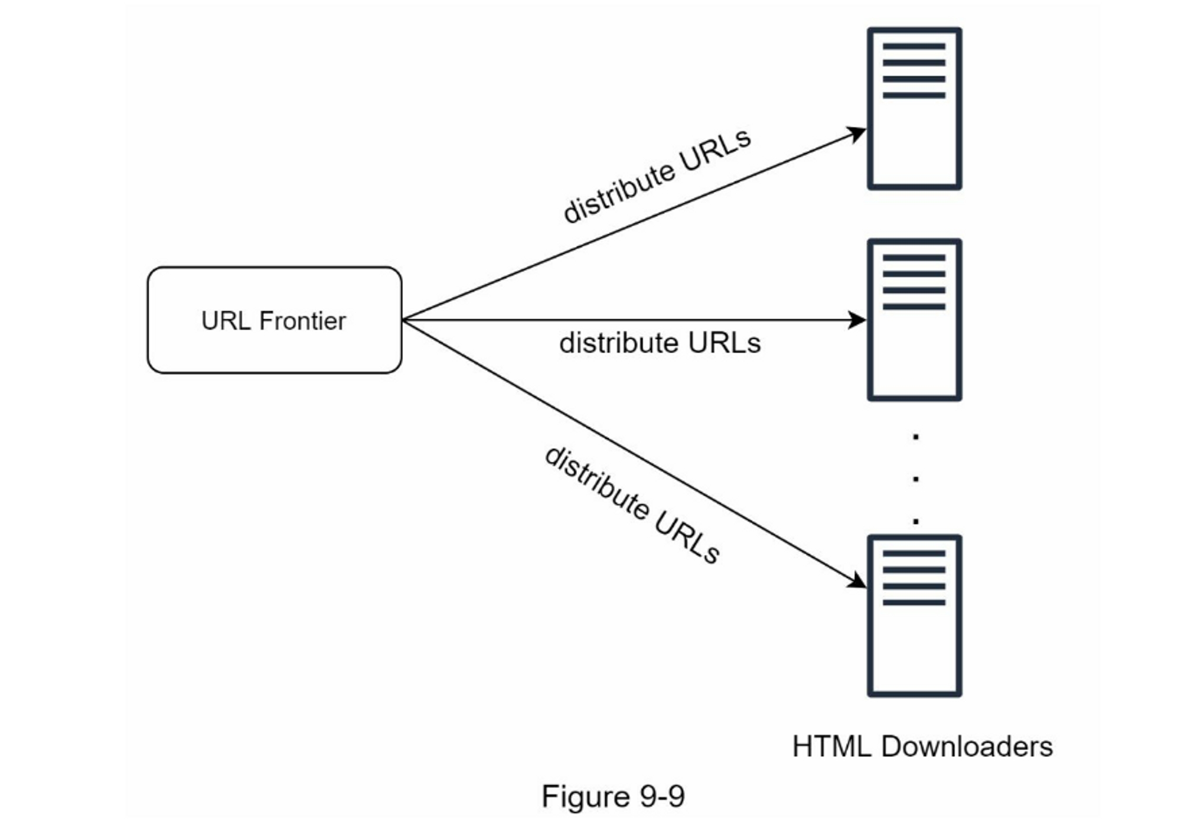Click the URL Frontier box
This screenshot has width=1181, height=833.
coord(274,320)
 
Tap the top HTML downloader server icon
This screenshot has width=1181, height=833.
coord(914,109)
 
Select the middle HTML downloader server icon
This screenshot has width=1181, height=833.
coord(914,320)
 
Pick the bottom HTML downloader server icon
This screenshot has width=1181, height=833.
coord(914,616)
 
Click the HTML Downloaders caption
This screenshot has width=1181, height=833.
coord(922,747)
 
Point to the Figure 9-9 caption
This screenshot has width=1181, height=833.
coord(613,796)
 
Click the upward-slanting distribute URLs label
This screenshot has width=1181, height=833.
coord(657,176)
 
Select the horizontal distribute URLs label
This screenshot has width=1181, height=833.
coord(660,343)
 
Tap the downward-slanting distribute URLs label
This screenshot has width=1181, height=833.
coord(632,505)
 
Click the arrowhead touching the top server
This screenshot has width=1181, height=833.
coord(857,134)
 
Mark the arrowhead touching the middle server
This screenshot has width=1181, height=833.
coord(857,320)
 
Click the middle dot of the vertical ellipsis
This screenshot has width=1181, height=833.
coord(916,479)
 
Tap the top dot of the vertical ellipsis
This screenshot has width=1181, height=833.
coord(916,437)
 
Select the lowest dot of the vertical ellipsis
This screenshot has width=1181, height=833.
coord(916,521)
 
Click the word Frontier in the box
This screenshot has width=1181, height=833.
coord(302,321)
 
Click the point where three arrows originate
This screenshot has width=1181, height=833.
coord(403,320)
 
